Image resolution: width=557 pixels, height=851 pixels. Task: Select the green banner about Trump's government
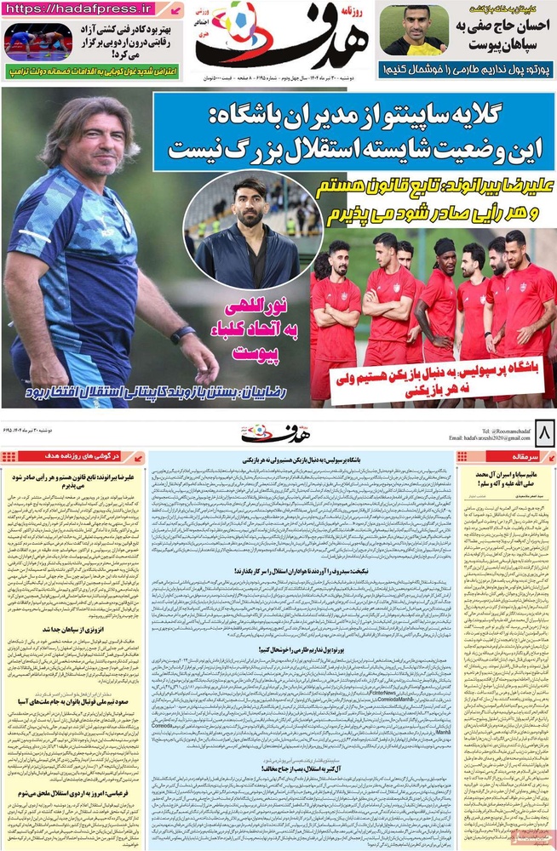pyautogui.click(x=93, y=73)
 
